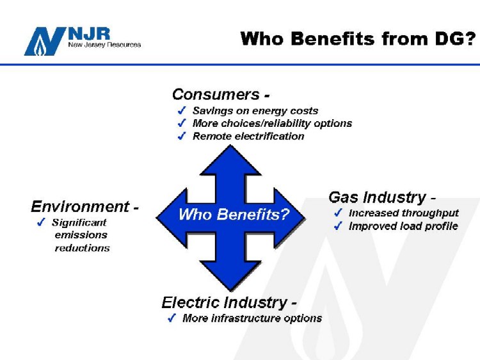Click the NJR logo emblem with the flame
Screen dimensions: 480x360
[45, 41]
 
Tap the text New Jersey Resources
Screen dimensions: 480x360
[104, 45]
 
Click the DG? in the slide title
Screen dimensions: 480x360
[456, 38]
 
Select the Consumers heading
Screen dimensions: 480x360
[216, 94]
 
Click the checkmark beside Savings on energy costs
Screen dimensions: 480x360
[182, 110]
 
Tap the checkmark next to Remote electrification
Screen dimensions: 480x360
[182, 136]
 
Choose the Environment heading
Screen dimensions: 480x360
[80, 206]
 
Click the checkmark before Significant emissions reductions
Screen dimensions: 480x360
[41, 222]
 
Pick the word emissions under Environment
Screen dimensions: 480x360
[81, 235]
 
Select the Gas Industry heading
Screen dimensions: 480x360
[377, 197]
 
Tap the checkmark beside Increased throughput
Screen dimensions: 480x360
[338, 213]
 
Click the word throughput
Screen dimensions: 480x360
[431, 213]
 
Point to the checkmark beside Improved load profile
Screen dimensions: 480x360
[338, 226]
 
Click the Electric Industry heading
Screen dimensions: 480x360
[225, 303]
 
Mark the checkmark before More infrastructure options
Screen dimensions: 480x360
[172, 318]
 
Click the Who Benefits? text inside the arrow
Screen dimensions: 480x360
[234, 214]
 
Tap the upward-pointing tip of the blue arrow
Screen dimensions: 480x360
[230, 145]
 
